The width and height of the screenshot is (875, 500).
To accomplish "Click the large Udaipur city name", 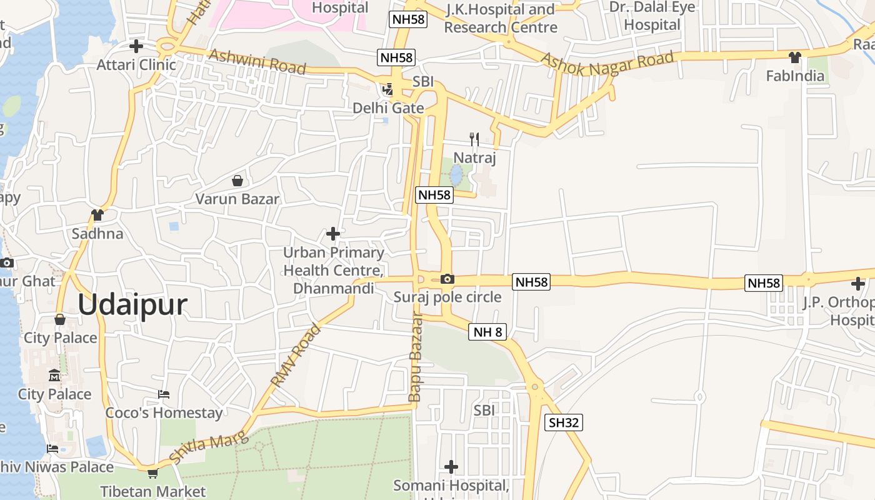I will pos(132,305).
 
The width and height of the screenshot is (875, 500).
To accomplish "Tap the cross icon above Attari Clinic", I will pos(136,46).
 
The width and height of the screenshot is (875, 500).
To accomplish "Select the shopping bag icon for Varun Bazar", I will pos(237,181).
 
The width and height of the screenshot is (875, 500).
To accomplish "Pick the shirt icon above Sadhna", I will pos(97,215).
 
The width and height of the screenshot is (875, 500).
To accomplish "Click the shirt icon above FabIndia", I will pos(794,57).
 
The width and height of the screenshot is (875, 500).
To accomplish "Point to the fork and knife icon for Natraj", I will pos(474,139).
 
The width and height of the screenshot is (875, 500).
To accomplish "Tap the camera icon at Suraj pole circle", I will pos(447,279).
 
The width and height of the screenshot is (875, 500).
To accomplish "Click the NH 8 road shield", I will pos(487,332).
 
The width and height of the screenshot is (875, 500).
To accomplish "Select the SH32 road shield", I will pos(563,422).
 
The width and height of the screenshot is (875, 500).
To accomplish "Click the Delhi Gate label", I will pos(388,108).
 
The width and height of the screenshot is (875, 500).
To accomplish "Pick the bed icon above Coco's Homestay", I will pos(164,394).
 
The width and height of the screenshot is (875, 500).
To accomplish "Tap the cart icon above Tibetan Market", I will pos(152,473).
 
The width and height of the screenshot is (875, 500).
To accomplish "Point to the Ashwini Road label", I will pos(257,61).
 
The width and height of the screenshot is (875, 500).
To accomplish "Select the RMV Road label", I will pos(295,355).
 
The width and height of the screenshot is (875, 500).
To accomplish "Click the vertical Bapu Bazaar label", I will pos(415,357).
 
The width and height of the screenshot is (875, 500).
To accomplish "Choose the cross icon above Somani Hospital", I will pos(451,466).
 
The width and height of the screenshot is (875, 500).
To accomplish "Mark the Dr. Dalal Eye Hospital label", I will pos(652,16).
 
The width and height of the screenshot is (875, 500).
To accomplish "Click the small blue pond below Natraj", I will pos(456,175).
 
